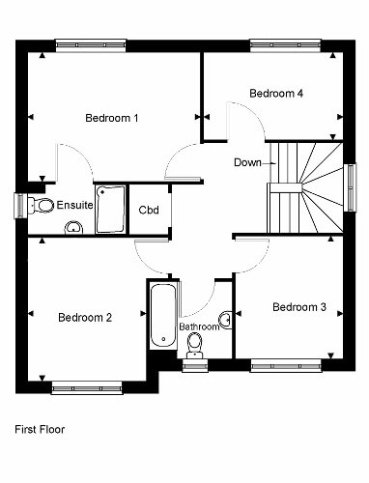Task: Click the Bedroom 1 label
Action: pos(112,118)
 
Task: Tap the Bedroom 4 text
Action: pos(276,94)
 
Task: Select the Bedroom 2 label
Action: pos(85,318)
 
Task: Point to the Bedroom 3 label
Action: pos(299,307)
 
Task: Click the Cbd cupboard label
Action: pos(149,210)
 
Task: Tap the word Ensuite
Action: pos(74,205)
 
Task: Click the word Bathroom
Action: pos(199,327)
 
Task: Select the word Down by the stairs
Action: pos(247,162)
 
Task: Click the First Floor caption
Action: pos(40,429)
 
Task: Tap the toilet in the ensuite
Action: pos(41,205)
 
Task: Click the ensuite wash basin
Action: pos(74,228)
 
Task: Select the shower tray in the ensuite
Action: pos(110,209)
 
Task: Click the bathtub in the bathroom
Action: pos(163,316)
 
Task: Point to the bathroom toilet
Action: pos(195,345)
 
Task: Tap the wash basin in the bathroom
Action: pos(226,320)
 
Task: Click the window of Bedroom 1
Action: pos(91,45)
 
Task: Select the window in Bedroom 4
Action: pos(286,45)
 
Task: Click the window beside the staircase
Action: pos(350,187)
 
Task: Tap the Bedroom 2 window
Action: pos(87,388)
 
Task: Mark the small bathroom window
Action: pos(195,365)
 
